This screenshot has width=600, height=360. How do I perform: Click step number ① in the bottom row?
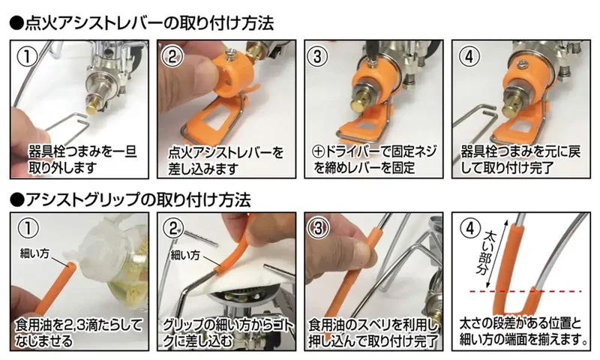[x=28, y=229]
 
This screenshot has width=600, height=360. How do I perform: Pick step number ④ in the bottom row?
[x=470, y=229]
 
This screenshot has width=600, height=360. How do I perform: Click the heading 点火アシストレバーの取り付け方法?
[x=142, y=23]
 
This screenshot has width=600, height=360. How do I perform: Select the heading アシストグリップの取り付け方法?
[x=130, y=199]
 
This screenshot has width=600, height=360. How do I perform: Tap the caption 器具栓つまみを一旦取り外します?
[x=82, y=160]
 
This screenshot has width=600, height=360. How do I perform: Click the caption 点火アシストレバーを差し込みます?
[x=226, y=160]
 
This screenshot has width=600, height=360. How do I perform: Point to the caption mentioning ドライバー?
[x=374, y=160]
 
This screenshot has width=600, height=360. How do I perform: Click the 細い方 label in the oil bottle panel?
[x=34, y=253]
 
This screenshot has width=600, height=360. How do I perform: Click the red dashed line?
[x=526, y=292]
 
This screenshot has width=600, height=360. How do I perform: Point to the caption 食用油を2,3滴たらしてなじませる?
[x=79, y=332]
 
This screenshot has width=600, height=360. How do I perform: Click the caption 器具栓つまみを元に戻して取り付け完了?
[x=520, y=160]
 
